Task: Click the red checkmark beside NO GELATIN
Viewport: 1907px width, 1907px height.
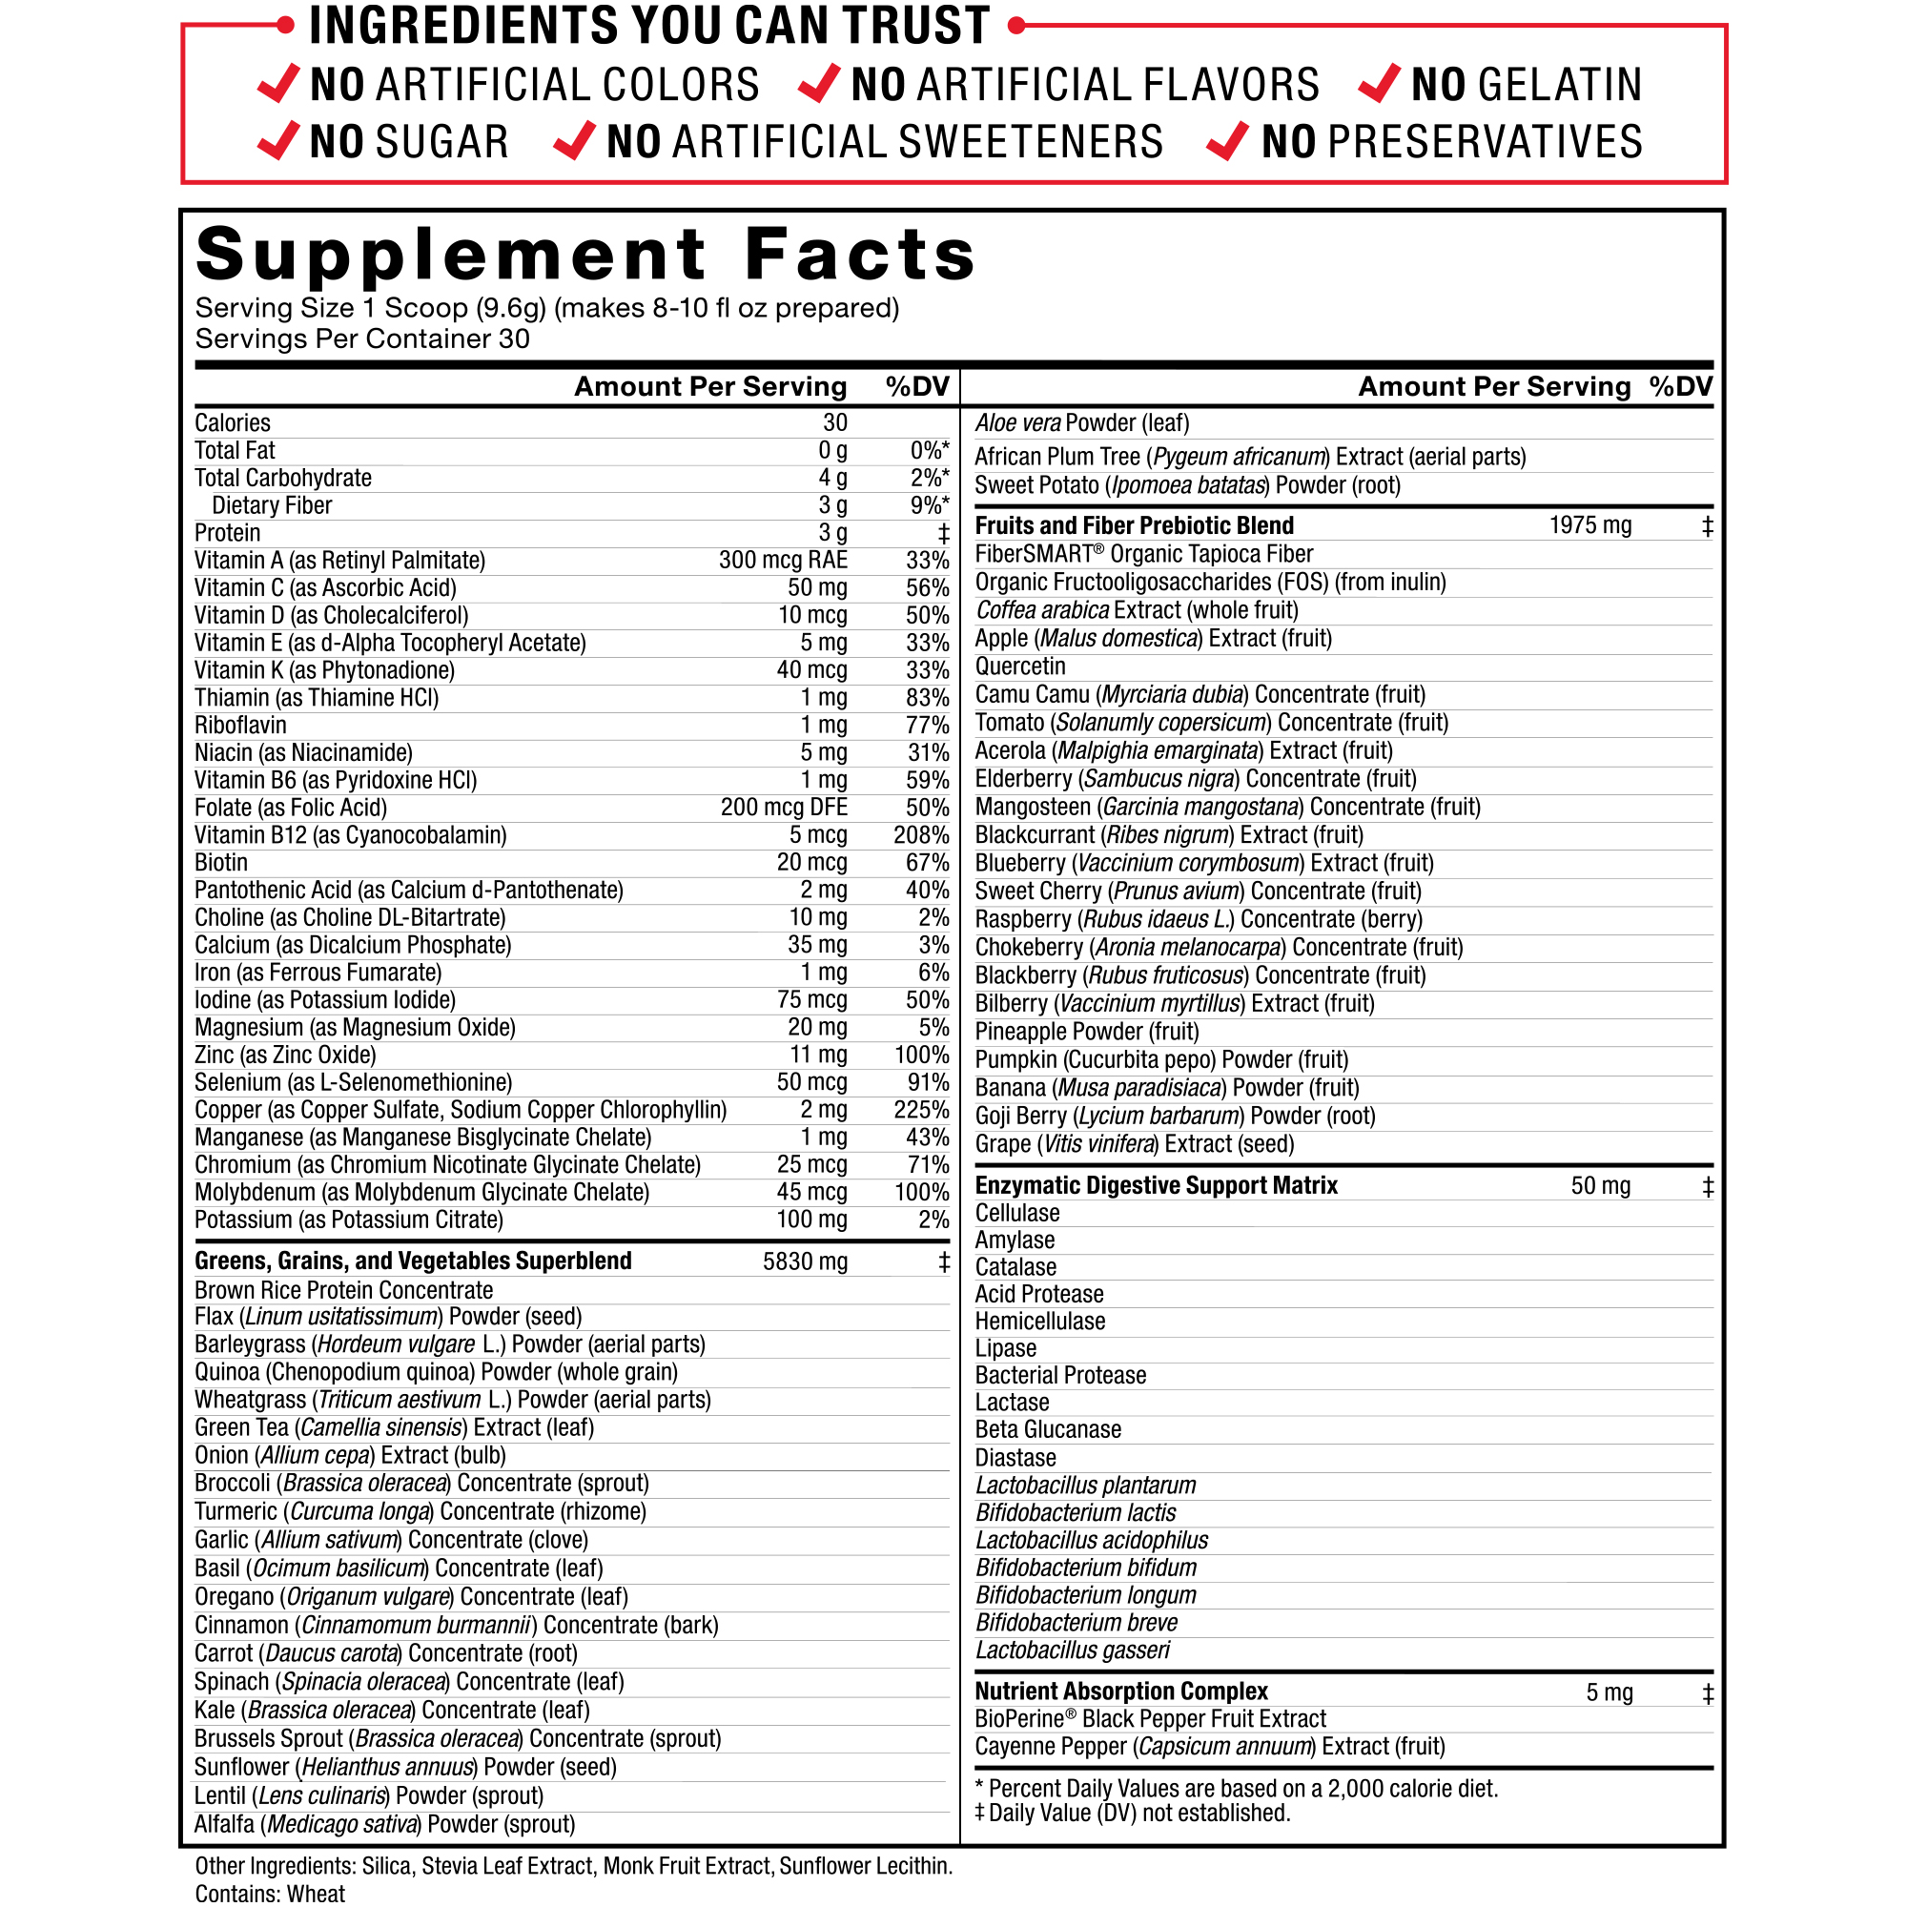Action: pyautogui.click(x=1379, y=84)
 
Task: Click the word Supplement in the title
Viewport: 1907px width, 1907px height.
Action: pyautogui.click(x=451, y=255)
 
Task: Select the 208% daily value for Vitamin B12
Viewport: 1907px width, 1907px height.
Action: pyautogui.click(x=921, y=835)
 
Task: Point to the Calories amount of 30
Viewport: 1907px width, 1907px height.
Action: pyautogui.click(x=835, y=422)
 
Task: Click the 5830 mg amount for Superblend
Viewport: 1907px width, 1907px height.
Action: pyautogui.click(x=805, y=1261)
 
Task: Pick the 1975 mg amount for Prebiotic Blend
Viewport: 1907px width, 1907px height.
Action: pyautogui.click(x=1589, y=525)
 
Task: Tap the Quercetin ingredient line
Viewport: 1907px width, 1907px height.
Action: pyautogui.click(x=1019, y=666)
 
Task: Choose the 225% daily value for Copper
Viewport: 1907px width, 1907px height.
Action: pyautogui.click(x=921, y=1110)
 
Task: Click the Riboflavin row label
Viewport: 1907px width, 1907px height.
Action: pyautogui.click(x=240, y=726)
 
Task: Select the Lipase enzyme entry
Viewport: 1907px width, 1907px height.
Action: pyautogui.click(x=1005, y=1348)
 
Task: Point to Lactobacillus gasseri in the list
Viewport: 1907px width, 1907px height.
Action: pyautogui.click(x=1072, y=1651)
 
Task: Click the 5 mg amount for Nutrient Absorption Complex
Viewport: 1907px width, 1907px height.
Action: pyautogui.click(x=1609, y=1692)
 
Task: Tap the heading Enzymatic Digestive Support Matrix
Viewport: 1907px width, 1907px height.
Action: pyautogui.click(x=1156, y=1185)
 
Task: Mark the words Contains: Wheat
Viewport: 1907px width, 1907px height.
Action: pyautogui.click(x=270, y=1894)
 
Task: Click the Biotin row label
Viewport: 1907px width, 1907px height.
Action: pyautogui.click(x=221, y=863)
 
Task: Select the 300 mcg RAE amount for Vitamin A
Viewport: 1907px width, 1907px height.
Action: pyautogui.click(x=783, y=561)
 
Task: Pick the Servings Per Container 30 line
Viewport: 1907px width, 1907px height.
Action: pyautogui.click(x=362, y=339)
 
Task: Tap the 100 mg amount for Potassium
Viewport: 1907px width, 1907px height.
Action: pyautogui.click(x=811, y=1220)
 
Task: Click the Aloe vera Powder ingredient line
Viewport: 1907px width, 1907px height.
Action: pyautogui.click(x=1082, y=423)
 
